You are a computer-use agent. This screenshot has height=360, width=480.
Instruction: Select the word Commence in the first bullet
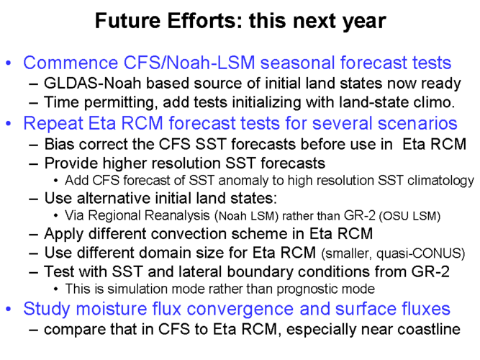[x=71, y=63]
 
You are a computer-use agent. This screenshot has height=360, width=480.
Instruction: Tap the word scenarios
[x=417, y=123]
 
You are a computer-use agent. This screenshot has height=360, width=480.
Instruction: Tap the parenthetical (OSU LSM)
[x=409, y=216]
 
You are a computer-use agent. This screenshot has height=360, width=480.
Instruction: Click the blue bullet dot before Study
[x=9, y=309]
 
